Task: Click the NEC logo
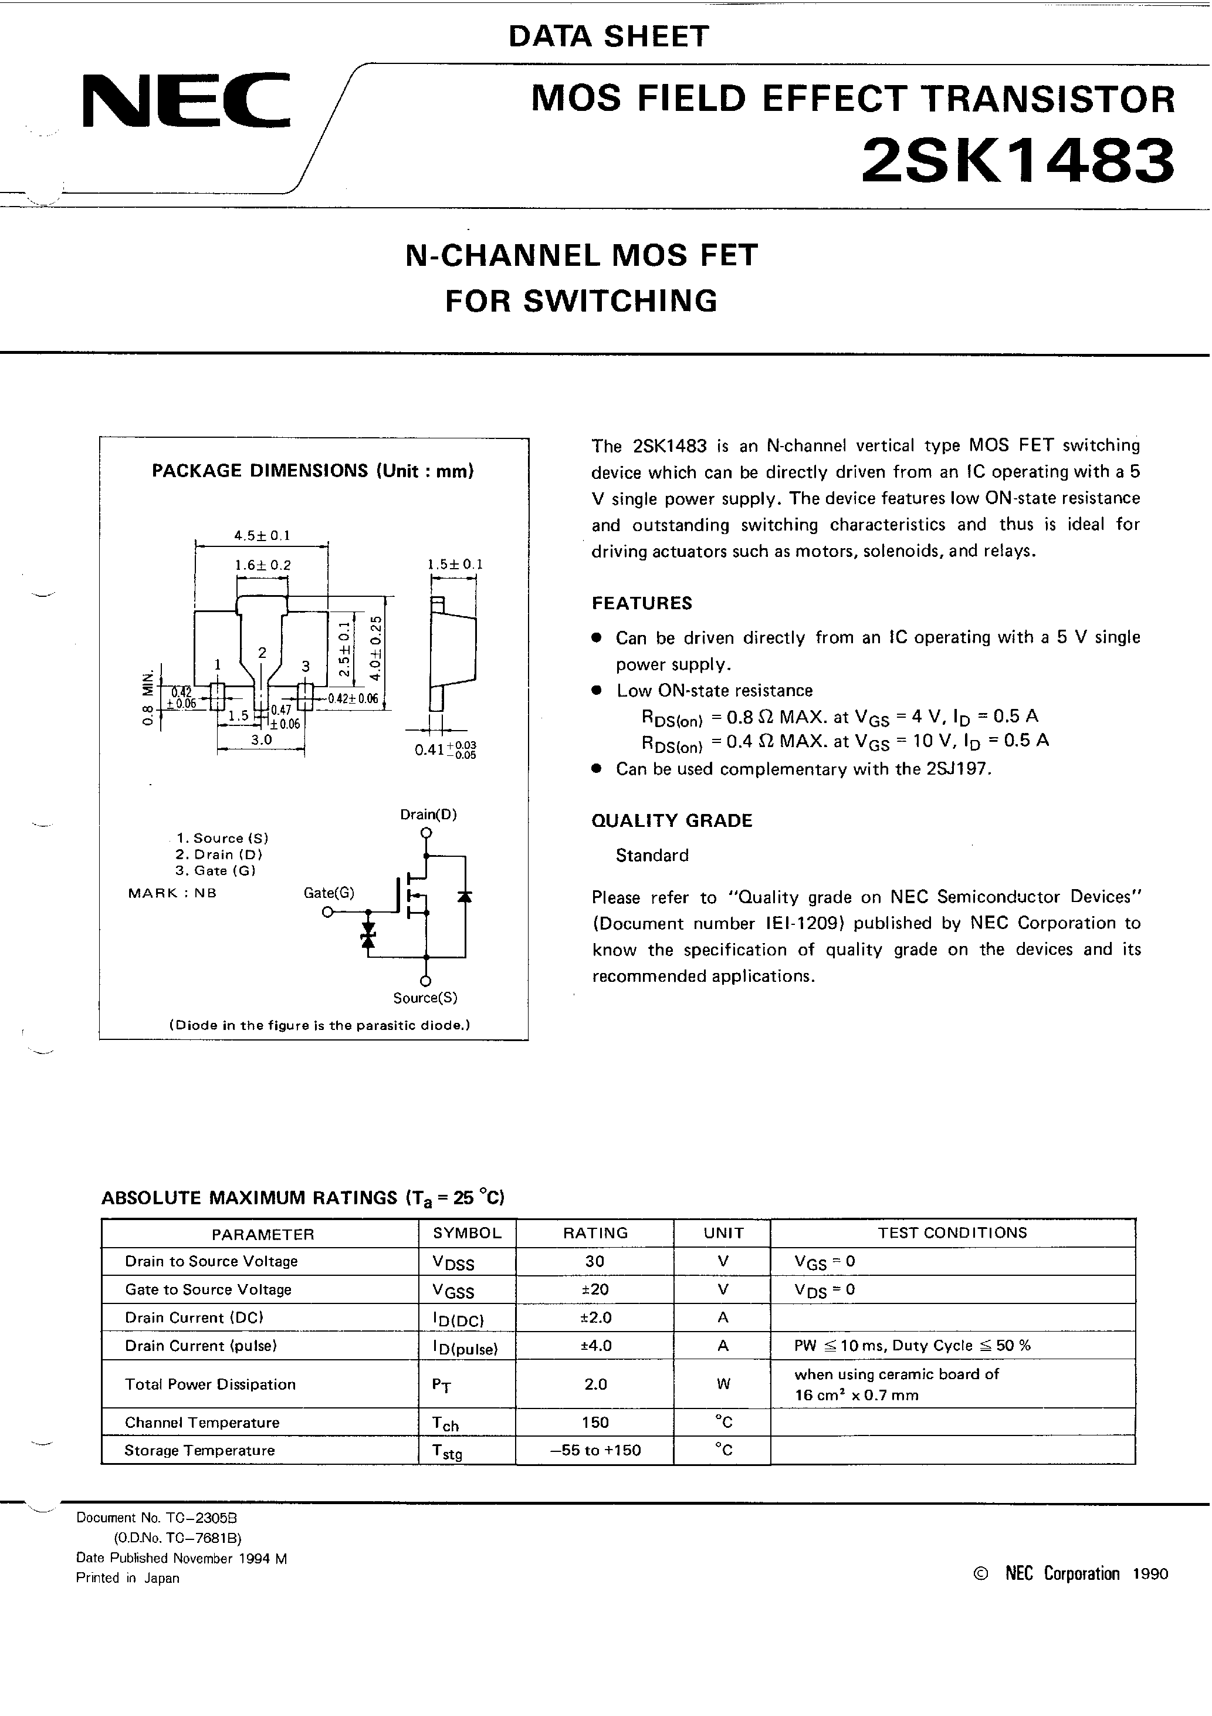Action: [x=185, y=100]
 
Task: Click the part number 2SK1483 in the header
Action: [x=1018, y=161]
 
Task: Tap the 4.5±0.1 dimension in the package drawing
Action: [x=262, y=535]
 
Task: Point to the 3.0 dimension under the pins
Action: [x=261, y=739]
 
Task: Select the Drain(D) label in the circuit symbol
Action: [x=428, y=814]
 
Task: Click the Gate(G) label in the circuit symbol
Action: [x=329, y=893]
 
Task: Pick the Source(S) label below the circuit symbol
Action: [x=425, y=998]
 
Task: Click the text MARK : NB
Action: [x=172, y=893]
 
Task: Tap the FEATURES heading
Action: [x=642, y=603]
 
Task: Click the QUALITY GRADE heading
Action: [x=672, y=820]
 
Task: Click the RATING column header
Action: [x=595, y=1233]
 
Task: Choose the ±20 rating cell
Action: [x=595, y=1289]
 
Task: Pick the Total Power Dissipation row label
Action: [x=210, y=1384]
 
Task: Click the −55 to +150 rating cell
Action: [x=595, y=1451]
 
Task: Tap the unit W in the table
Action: [x=723, y=1384]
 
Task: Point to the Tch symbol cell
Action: [x=445, y=1424]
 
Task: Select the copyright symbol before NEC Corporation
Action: [x=981, y=1574]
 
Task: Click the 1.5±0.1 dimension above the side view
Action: [x=455, y=565]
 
